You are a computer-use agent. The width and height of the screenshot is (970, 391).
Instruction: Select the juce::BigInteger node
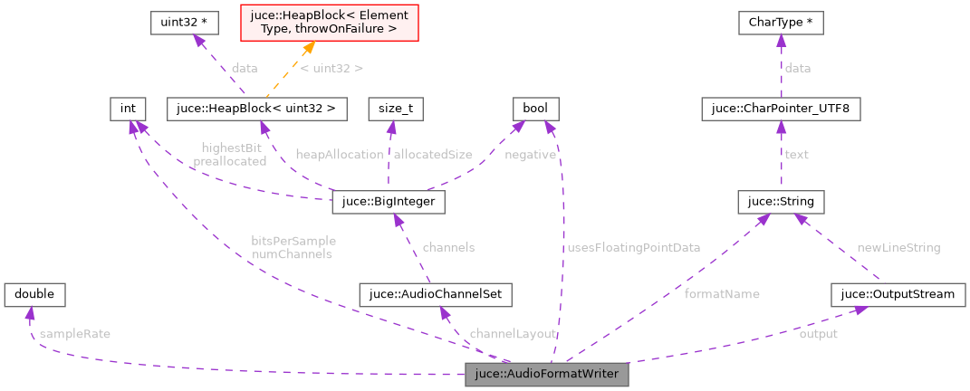click(x=389, y=201)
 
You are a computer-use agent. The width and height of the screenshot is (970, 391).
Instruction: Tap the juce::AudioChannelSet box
click(x=437, y=294)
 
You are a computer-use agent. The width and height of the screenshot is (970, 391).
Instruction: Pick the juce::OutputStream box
click(x=898, y=294)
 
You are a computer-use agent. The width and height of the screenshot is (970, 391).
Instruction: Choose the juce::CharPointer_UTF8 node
click(x=781, y=110)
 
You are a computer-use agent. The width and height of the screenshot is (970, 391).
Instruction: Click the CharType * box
click(x=781, y=23)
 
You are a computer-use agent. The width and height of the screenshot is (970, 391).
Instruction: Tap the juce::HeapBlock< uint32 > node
click(x=257, y=110)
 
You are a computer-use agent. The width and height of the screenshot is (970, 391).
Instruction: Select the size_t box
click(x=396, y=110)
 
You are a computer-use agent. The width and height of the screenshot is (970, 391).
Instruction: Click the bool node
click(x=535, y=110)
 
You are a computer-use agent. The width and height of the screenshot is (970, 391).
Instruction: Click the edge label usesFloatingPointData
click(x=633, y=247)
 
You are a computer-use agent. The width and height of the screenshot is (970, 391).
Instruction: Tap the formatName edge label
click(x=722, y=294)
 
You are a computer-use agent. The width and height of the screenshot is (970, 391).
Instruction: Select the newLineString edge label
click(x=898, y=247)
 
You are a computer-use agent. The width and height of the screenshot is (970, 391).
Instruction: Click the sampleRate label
click(x=75, y=334)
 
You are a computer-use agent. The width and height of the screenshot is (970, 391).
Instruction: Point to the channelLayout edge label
click(x=513, y=334)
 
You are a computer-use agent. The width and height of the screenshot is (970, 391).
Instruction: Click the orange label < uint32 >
click(x=331, y=68)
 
